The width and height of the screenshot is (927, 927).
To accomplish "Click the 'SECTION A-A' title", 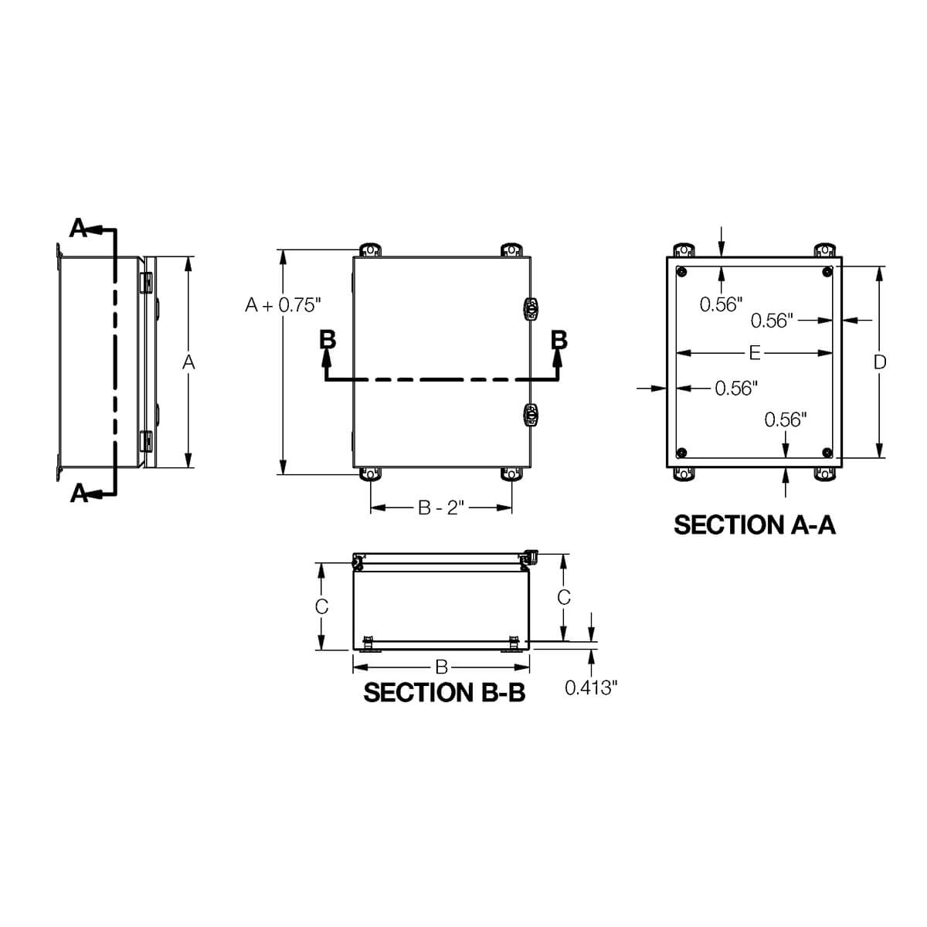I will coord(754,525).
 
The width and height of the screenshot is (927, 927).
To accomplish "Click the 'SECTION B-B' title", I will coord(444,692).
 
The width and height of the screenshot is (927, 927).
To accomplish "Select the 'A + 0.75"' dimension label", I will coord(282,305).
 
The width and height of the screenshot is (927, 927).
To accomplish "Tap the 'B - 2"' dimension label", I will coord(440,508).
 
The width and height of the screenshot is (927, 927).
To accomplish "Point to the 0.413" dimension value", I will coord(591,687).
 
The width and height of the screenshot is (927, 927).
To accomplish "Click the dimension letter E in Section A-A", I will coord(754,353).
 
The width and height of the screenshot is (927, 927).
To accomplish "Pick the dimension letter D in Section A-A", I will coord(879,362).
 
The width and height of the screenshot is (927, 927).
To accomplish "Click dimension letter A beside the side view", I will coord(188,362).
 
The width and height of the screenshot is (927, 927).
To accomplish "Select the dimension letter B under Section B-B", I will coord(441,665).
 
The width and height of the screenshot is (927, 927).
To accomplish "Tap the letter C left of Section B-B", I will coord(322,606).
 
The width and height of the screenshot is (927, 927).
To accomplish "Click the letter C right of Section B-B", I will coord(564,597).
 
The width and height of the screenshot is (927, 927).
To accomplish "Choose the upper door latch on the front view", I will coord(531,308).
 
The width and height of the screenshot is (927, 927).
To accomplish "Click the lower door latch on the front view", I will coord(531,414).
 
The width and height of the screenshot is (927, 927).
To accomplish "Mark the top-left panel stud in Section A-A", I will coord(681,271).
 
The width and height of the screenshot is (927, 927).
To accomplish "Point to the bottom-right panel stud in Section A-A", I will coord(827,452).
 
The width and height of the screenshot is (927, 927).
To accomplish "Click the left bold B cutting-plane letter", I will coord(328,340).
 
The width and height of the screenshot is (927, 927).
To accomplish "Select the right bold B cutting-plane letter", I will coord(558,340).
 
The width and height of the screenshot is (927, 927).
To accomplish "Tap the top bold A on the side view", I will coord(79,227).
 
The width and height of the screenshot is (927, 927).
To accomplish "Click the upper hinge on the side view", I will coord(144,283).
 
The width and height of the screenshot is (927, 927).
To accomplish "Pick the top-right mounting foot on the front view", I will coord(511,250).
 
